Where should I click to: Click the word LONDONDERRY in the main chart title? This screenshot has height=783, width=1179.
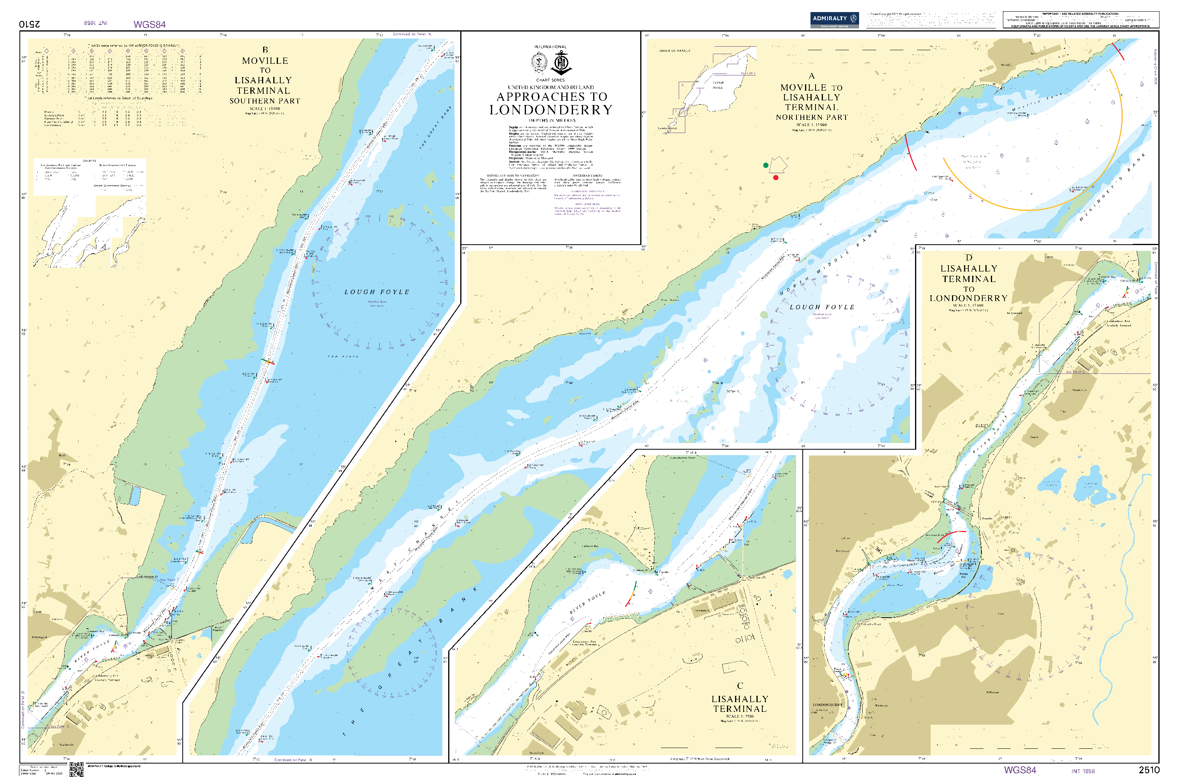click(550, 110)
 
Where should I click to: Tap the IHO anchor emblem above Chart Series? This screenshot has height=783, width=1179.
click(562, 64)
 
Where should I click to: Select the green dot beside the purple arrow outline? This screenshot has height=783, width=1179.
click(765, 165)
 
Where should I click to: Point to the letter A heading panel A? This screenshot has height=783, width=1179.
click(811, 76)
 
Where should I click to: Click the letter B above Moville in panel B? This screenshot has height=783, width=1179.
click(265, 50)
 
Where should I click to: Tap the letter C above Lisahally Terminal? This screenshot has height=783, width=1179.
click(739, 686)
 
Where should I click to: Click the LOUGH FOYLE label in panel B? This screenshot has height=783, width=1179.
click(377, 292)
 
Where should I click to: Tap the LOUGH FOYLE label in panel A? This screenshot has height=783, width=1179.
click(821, 307)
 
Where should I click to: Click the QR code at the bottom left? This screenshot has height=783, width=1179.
click(76, 769)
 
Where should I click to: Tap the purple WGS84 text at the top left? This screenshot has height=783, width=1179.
click(150, 25)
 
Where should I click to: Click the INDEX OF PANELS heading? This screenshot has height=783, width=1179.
click(674, 51)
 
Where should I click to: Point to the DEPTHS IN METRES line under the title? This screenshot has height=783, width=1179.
click(552, 120)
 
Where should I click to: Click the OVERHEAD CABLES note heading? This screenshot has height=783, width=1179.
click(587, 176)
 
